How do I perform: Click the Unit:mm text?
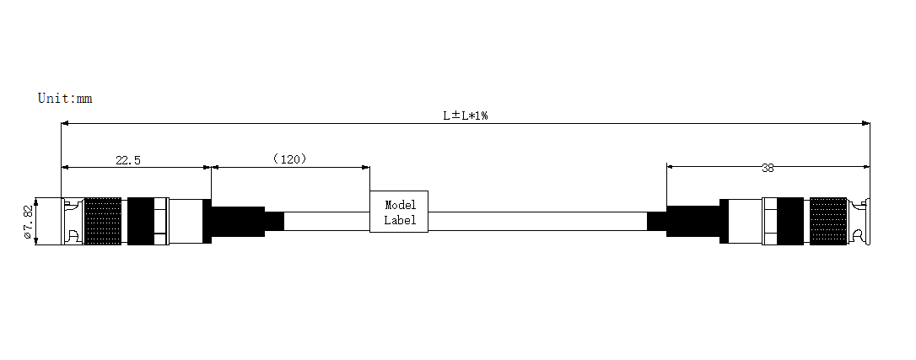65,98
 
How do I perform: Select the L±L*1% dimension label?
465,116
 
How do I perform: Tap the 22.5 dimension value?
128,160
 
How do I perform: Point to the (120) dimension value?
290,159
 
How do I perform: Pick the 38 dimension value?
768,168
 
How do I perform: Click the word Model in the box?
400,206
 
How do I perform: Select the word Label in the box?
400,220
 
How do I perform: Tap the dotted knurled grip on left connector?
104,221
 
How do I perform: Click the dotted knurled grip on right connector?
828,221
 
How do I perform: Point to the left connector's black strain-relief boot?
238,221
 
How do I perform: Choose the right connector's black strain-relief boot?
692,221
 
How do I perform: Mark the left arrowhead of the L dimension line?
65,123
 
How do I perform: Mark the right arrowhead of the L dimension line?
866,123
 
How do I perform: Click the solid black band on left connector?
141,221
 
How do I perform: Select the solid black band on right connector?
790,221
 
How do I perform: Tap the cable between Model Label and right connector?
537,221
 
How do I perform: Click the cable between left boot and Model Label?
326,221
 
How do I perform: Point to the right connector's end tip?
868,221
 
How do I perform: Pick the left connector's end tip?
62,221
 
